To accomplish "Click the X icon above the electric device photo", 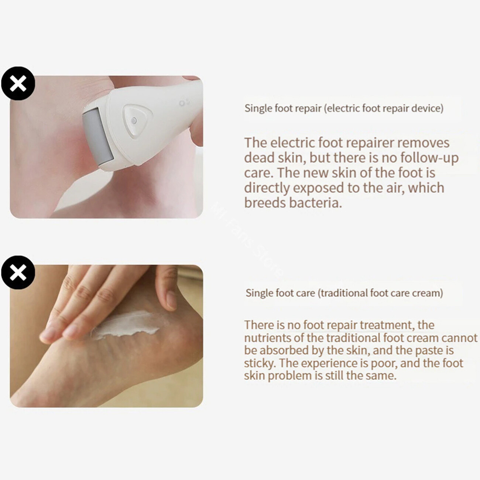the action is coord(18,83).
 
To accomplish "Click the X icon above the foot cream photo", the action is coord(18,272).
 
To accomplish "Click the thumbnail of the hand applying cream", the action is coord(106,336).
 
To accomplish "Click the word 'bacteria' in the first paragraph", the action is coord(315,203).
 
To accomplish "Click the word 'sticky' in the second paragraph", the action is coord(260,364).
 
